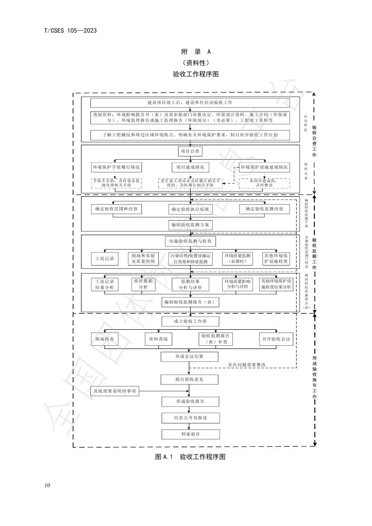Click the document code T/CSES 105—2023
coord(70,31)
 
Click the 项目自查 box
coord(190,152)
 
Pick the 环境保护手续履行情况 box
coord(116,167)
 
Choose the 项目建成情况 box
coord(190,167)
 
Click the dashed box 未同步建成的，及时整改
coord(264,183)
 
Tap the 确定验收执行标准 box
coord(190,209)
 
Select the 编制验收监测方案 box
coord(190,225)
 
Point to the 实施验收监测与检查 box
coord(190,241)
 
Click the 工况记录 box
coord(104,259)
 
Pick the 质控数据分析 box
coord(143,284)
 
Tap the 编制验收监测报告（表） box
coord(190,302)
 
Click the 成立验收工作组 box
coord(190,321)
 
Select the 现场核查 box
coord(104,339)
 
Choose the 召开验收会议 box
coord(276,339)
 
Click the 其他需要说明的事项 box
coord(115,391)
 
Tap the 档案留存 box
coord(190,434)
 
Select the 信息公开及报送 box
coord(190,417)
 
